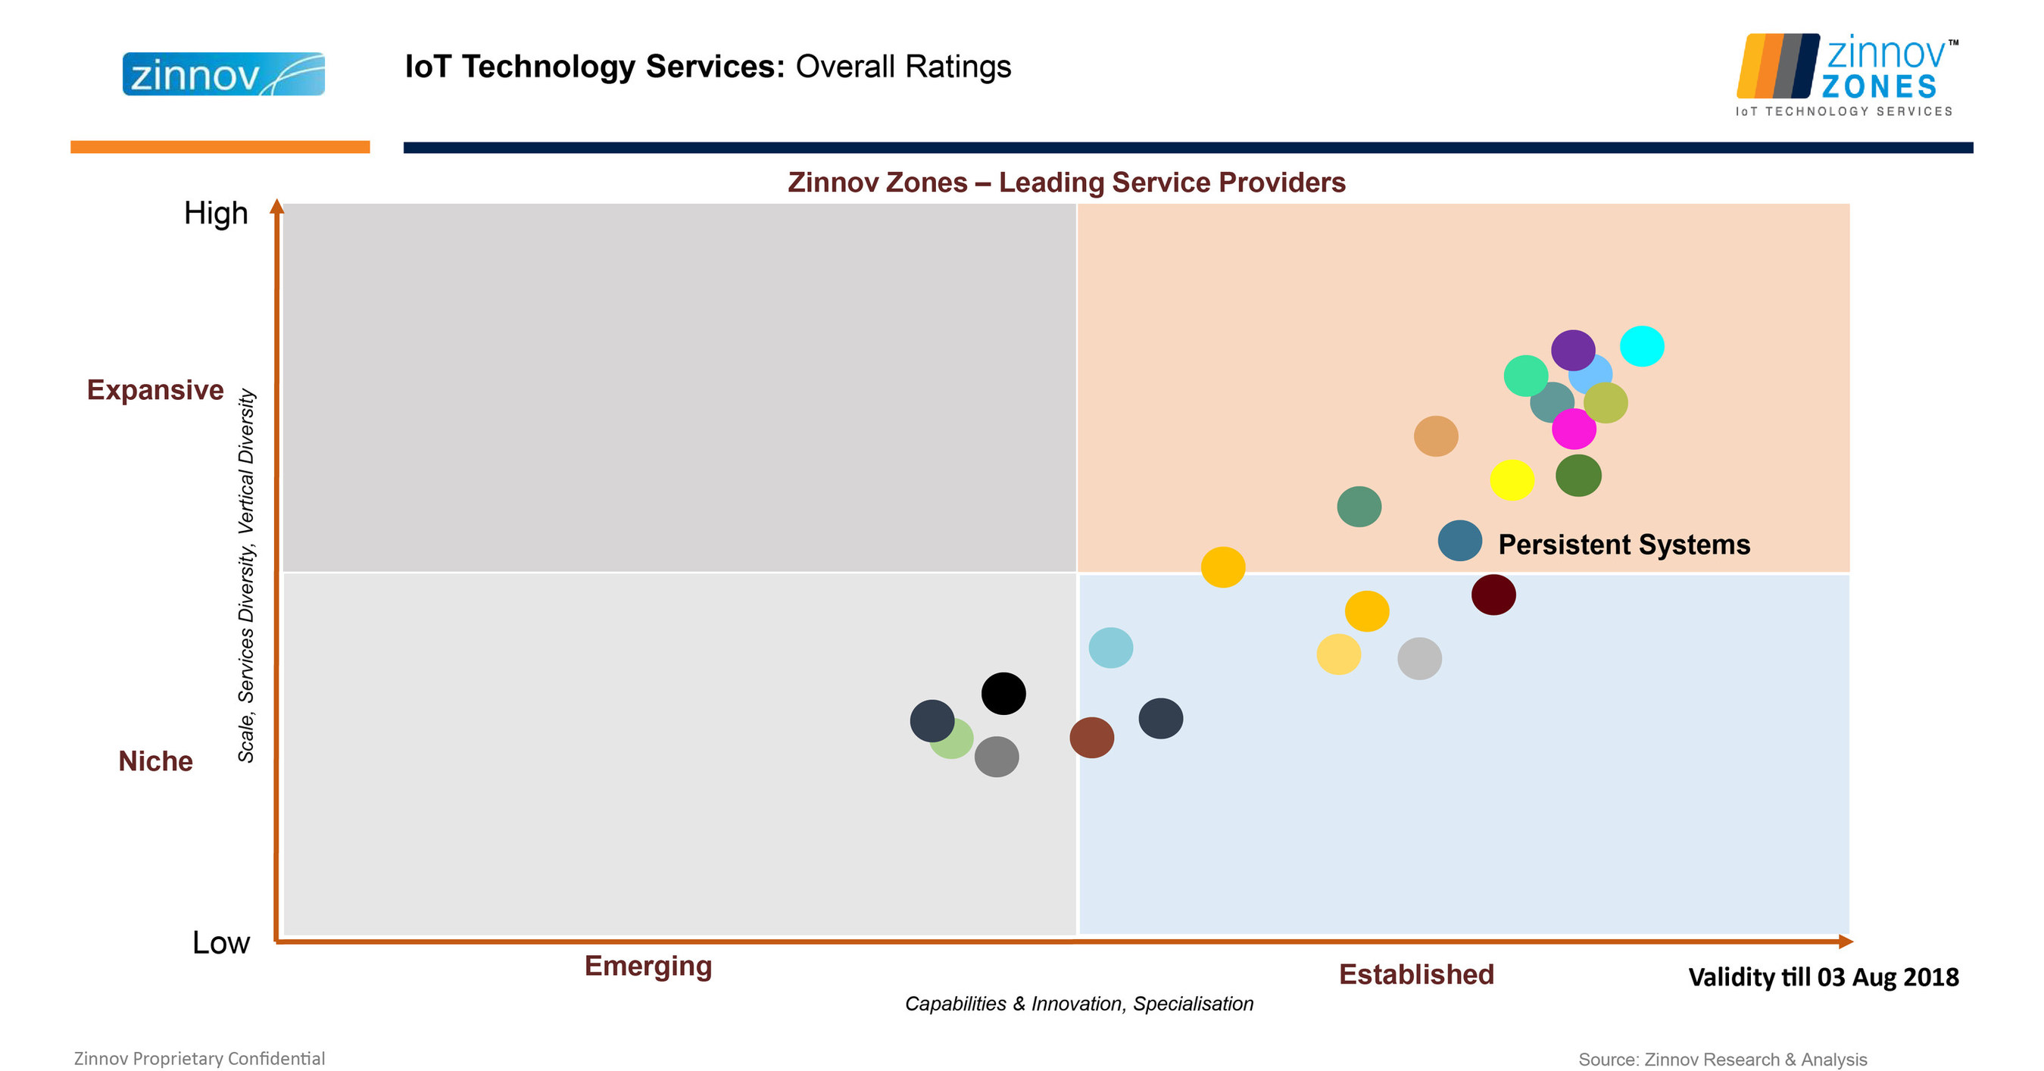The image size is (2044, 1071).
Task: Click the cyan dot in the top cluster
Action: [1641, 346]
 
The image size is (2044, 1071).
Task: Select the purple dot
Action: [1573, 349]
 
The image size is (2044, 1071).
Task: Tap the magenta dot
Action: [1574, 430]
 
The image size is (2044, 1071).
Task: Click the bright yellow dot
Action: [1512, 480]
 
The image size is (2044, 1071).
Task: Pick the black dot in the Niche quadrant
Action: [1003, 693]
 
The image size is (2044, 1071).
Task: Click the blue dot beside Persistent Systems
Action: [1459, 541]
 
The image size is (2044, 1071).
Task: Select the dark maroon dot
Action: [1493, 595]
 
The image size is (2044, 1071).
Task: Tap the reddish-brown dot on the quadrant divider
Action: [1091, 738]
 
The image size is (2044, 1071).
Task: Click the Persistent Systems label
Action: [1624, 545]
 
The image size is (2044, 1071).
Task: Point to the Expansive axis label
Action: [155, 390]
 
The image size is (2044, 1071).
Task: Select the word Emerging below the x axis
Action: [648, 966]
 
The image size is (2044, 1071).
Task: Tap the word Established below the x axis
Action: [1415, 974]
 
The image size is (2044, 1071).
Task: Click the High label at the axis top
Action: [216, 214]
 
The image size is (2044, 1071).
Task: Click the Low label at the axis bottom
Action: [220, 942]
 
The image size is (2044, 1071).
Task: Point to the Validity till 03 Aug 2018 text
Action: [1823, 977]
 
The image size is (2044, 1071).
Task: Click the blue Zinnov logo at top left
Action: [223, 74]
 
